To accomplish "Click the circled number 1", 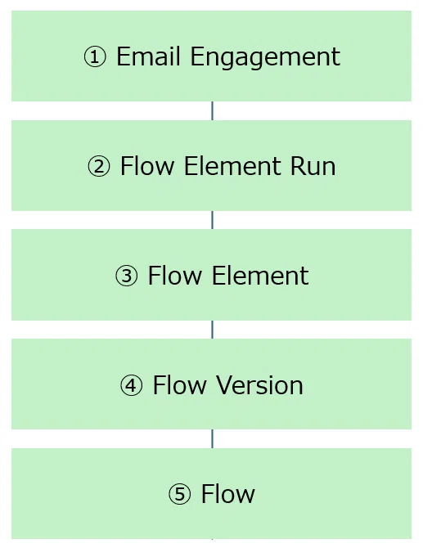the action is [x=95, y=58].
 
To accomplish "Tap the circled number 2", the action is [x=98, y=167].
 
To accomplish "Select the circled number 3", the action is [x=127, y=276].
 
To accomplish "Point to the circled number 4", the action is [x=131, y=385].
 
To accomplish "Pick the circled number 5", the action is [x=180, y=495].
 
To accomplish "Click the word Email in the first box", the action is [x=148, y=56].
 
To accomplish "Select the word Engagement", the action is [x=265, y=57].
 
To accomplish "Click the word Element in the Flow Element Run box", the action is [x=232, y=166].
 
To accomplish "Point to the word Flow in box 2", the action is [x=146, y=166].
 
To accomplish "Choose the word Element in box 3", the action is [x=260, y=276].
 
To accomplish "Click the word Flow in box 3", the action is [x=175, y=276].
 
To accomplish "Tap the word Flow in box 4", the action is [x=180, y=384].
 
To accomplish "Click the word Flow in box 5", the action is [x=228, y=494].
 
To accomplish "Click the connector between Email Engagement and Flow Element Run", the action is [x=212, y=110].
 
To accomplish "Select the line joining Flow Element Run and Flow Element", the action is [x=212, y=220].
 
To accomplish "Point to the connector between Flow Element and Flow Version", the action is [x=212, y=330].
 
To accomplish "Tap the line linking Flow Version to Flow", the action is [x=212, y=439].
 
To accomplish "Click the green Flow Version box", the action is [x=211, y=384].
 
